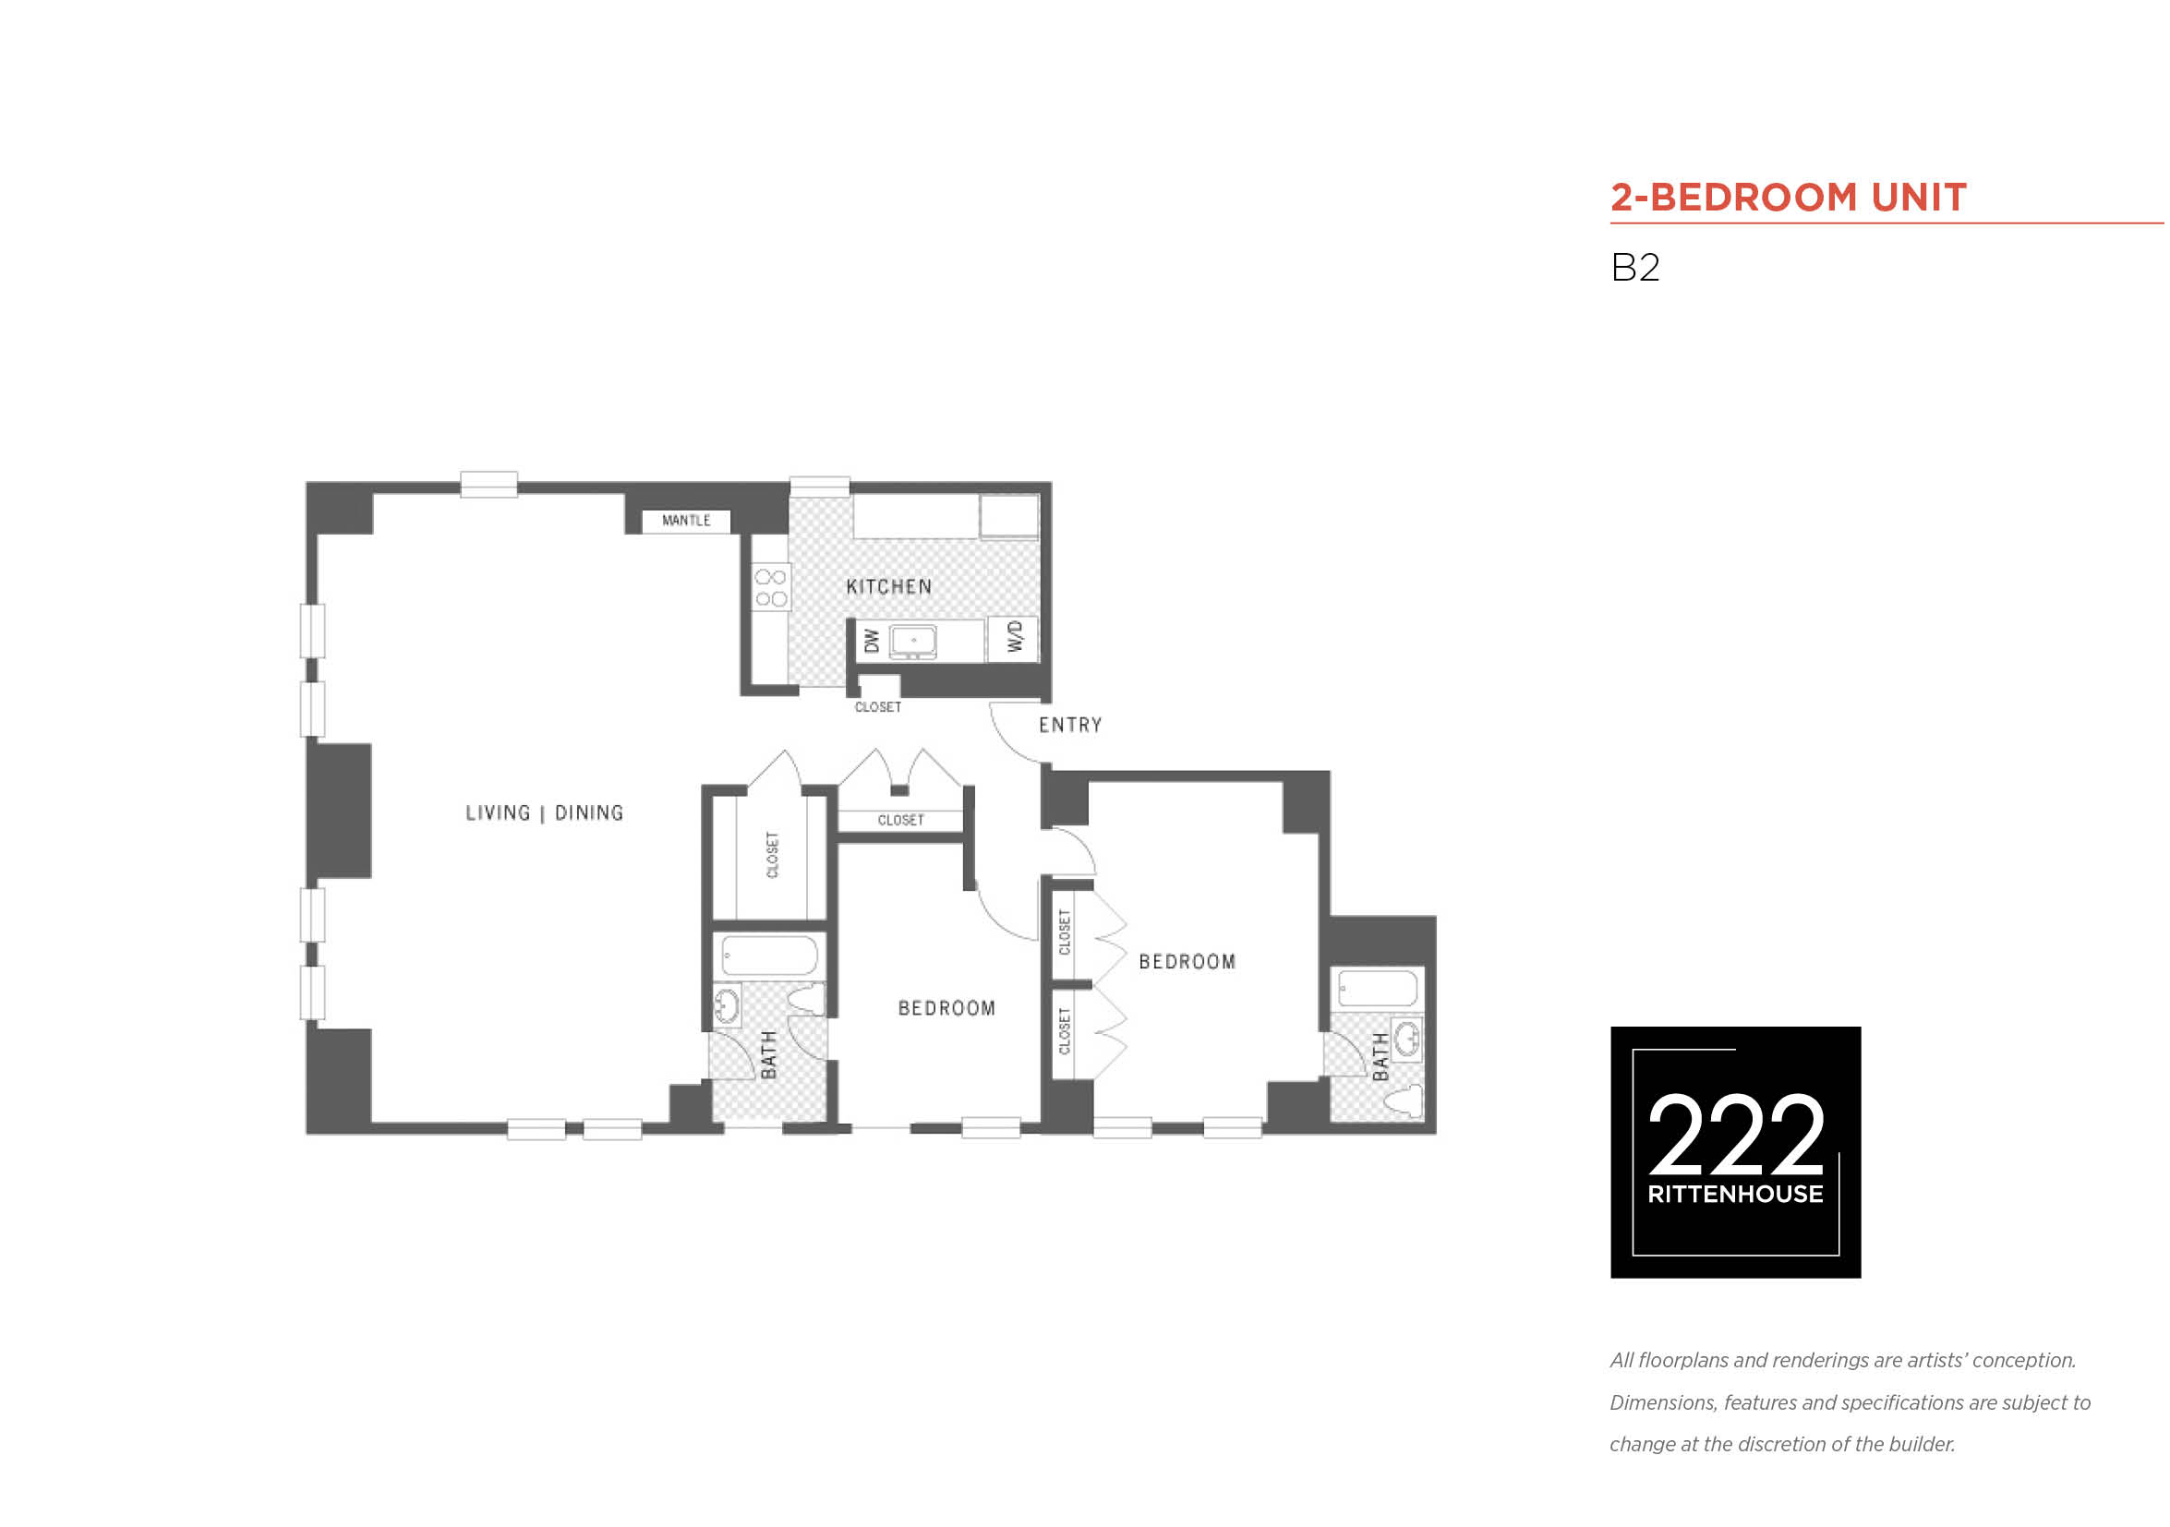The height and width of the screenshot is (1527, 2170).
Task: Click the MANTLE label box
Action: pyautogui.click(x=686, y=521)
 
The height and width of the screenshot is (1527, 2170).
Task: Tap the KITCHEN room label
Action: pyautogui.click(x=889, y=587)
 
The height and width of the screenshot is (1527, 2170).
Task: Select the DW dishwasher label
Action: pyautogui.click(x=872, y=641)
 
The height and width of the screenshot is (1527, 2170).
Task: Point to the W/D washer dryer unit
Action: pyautogui.click(x=1013, y=638)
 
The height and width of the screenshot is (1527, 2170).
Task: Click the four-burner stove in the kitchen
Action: pyautogui.click(x=771, y=587)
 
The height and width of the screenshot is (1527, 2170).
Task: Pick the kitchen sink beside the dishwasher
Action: pyautogui.click(x=913, y=641)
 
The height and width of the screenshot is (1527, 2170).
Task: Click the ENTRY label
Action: pyautogui.click(x=1070, y=725)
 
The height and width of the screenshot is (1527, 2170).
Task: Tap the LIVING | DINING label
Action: pyautogui.click(x=545, y=812)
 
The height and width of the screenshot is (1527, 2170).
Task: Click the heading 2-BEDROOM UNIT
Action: pyautogui.click(x=1788, y=198)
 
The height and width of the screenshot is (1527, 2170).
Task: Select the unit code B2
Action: pyautogui.click(x=1635, y=268)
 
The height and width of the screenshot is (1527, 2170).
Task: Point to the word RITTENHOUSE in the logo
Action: pyautogui.click(x=1735, y=1194)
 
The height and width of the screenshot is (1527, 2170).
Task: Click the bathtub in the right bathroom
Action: pyautogui.click(x=1377, y=989)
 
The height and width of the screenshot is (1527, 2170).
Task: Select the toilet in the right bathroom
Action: pyautogui.click(x=1404, y=1100)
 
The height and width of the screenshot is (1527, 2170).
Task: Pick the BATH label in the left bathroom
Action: pyautogui.click(x=769, y=1054)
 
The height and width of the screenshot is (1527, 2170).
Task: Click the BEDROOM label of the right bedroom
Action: pyautogui.click(x=1187, y=962)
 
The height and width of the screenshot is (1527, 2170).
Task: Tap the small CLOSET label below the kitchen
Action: pyautogui.click(x=878, y=707)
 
